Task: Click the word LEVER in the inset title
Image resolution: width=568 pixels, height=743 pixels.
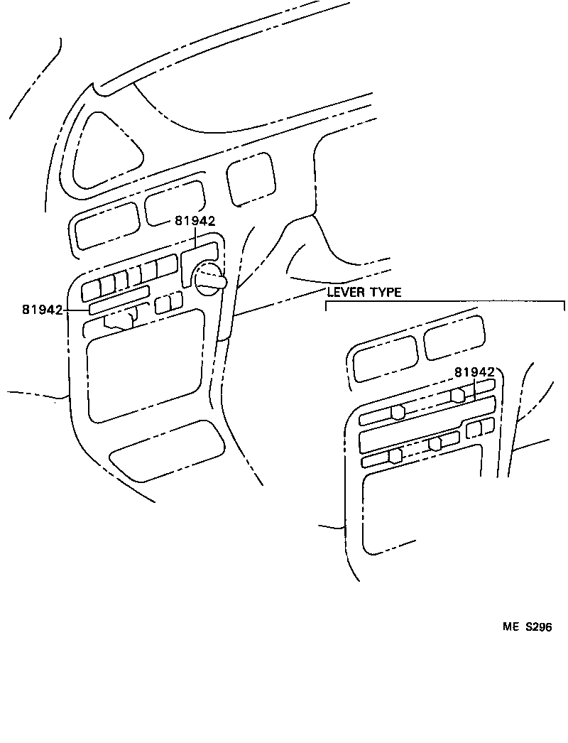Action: tap(346, 292)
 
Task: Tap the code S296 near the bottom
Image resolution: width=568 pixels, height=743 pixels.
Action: tap(538, 627)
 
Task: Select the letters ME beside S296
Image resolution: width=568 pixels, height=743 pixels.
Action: tap(511, 627)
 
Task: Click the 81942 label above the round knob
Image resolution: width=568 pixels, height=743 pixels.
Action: tap(195, 220)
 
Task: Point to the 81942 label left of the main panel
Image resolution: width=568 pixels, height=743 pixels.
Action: tap(42, 310)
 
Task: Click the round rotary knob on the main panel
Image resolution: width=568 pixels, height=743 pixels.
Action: tap(209, 280)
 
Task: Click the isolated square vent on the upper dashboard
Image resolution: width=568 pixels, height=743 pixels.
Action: tap(251, 179)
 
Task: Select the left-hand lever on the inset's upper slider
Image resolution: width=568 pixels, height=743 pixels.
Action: tap(398, 412)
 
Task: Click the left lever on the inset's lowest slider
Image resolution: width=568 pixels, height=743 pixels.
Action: tap(395, 456)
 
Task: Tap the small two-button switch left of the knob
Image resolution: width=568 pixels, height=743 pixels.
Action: tap(169, 303)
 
